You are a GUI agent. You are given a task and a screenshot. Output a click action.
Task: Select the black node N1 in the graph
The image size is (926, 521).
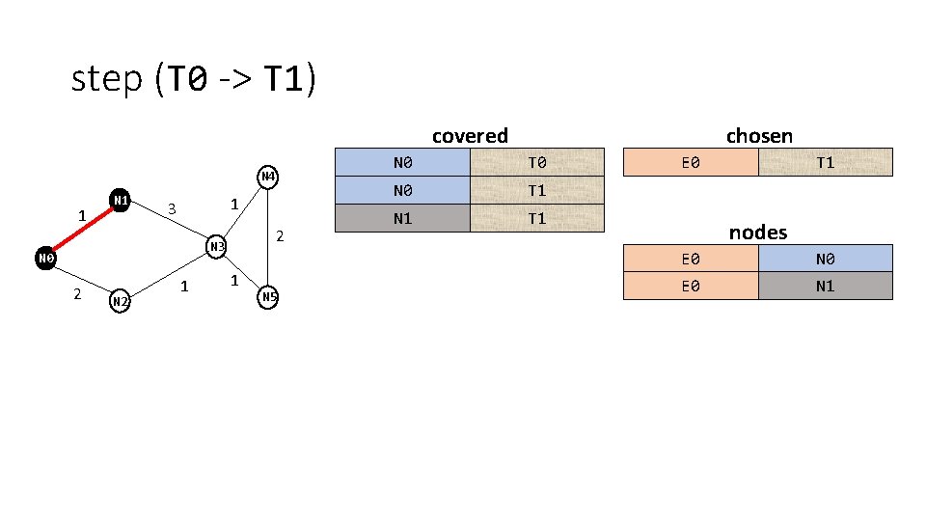coord(121,200)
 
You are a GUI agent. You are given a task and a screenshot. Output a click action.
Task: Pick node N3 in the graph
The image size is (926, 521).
coord(216,247)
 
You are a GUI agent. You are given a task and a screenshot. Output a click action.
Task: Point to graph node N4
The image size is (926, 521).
coord(268,177)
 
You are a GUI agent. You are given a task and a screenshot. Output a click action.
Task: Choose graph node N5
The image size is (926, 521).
coord(268,296)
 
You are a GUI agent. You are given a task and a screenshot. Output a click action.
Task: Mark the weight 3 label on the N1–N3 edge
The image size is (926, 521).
coord(172,209)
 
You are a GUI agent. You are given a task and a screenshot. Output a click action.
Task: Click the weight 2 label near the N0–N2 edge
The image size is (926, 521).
coord(77,293)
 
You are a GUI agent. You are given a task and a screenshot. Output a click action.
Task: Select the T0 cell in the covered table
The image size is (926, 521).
coord(536,162)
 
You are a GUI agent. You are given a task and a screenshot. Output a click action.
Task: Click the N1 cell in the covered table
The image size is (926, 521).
coord(402,218)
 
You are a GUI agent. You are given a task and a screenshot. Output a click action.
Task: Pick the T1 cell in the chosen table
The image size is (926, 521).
coord(825,162)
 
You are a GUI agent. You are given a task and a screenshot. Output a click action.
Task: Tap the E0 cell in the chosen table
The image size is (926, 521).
coord(691,162)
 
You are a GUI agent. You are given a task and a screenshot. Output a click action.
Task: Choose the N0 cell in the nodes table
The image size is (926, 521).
coord(825,259)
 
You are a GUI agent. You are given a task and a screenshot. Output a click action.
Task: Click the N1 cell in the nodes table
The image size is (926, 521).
coord(825,286)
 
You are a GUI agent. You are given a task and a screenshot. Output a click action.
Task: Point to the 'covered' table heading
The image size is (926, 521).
coord(470,136)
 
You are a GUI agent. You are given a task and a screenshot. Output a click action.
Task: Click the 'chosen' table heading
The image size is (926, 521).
coord(759,135)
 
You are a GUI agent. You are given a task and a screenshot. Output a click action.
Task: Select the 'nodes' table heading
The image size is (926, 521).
coord(758,233)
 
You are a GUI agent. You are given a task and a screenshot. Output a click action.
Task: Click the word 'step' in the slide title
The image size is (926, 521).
coord(106,79)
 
